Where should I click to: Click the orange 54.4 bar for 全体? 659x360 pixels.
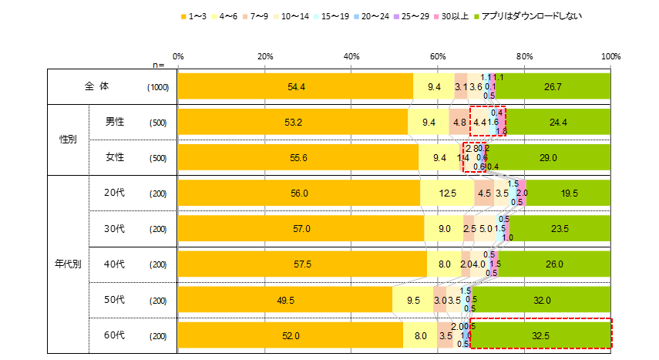pyautogui.click(x=295, y=87)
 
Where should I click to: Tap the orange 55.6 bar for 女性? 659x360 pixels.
pyautogui.click(x=298, y=158)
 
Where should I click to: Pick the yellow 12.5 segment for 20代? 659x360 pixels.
pyautogui.click(x=447, y=193)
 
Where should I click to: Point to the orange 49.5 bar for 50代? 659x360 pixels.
pyautogui.click(x=285, y=300)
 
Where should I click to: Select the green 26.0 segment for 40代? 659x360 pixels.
pyautogui.click(x=554, y=264)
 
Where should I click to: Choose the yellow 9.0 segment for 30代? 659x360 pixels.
pyautogui.click(x=444, y=229)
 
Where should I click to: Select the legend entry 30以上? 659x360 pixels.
pyautogui.click(x=455, y=15)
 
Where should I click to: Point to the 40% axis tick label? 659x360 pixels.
pyautogui.click(x=351, y=56)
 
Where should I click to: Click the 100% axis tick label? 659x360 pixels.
pyautogui.click(x=610, y=56)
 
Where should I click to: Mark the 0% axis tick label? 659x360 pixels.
pyautogui.click(x=178, y=56)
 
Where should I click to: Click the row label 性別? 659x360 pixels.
pyautogui.click(x=68, y=140)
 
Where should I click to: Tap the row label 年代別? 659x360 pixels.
pyautogui.click(x=68, y=264)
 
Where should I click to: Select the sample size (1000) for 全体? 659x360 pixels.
pyautogui.click(x=158, y=88)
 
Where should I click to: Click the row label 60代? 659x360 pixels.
pyautogui.click(x=114, y=335)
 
